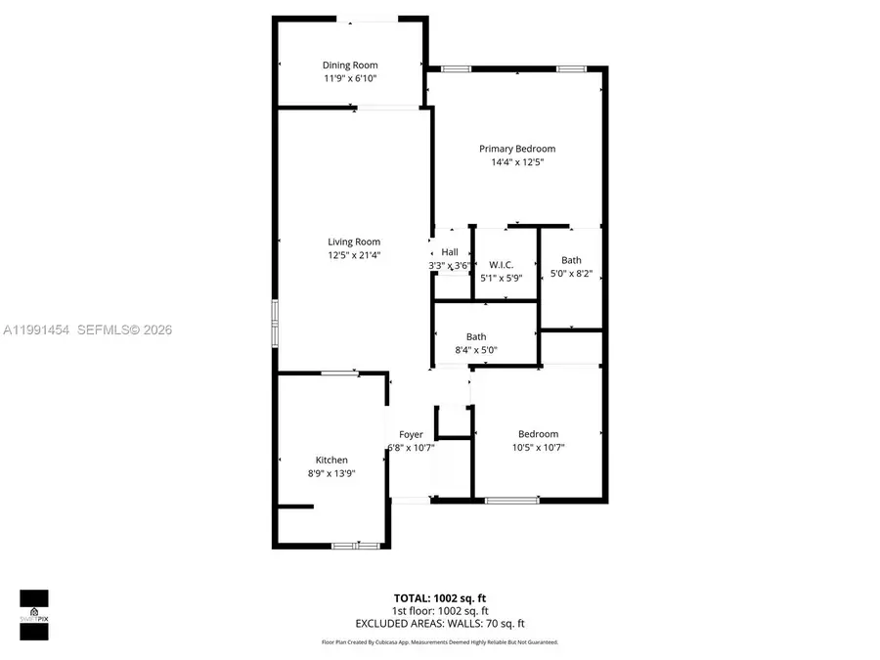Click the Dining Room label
350,66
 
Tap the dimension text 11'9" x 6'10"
350,78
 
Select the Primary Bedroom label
517,149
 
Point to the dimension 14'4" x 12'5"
517,162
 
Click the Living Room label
354,242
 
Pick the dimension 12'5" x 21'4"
354,255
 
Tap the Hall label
450,252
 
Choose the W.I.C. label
501,265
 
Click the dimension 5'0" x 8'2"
571,274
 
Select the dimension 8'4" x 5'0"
476,350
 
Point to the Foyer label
411,434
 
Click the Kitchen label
331,460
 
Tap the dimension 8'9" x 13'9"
331,473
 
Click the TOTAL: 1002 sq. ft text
440,597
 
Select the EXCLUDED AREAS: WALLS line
440,623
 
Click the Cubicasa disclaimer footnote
440,642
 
